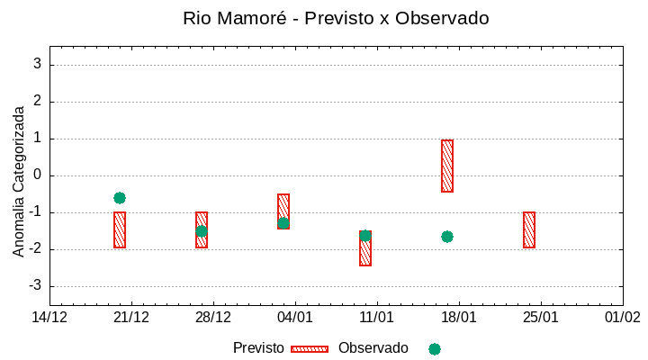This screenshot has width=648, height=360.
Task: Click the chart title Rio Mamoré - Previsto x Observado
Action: click(x=336, y=18)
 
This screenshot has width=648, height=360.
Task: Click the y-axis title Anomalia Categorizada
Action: click(x=19, y=181)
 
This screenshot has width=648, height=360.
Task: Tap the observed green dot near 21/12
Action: click(x=120, y=198)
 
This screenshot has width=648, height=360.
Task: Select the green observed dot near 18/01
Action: click(x=447, y=237)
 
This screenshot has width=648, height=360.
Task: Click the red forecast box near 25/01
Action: click(x=529, y=229)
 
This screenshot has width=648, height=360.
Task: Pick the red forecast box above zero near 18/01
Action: click(x=447, y=166)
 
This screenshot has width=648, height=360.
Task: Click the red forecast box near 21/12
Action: click(x=120, y=229)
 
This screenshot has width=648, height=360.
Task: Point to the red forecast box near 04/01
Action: click(x=283, y=211)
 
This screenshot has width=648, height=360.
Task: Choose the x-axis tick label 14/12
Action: click(x=49, y=318)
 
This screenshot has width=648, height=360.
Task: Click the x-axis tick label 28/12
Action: click(x=213, y=318)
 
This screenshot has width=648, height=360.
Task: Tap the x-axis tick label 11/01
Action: click(x=377, y=318)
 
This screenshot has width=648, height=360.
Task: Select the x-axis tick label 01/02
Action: click(x=623, y=318)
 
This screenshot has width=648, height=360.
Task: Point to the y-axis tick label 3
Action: click(x=38, y=65)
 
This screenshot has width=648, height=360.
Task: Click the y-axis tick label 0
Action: click(x=38, y=175)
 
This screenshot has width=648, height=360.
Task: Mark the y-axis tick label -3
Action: click(x=35, y=286)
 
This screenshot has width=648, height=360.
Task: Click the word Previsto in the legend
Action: click(x=258, y=348)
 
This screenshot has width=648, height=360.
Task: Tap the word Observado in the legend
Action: click(x=373, y=348)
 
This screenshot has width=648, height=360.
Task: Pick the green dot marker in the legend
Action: click(x=435, y=349)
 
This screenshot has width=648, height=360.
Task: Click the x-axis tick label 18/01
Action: click(x=459, y=318)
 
